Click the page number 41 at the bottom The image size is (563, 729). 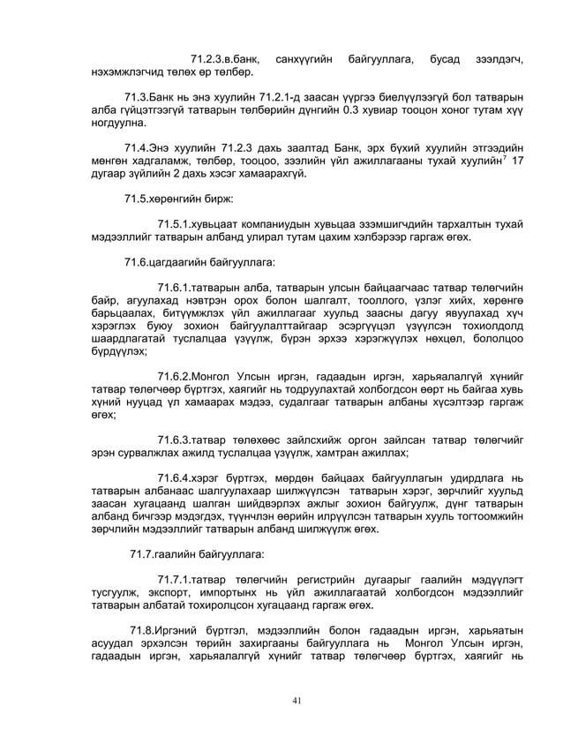click(x=297, y=701)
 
